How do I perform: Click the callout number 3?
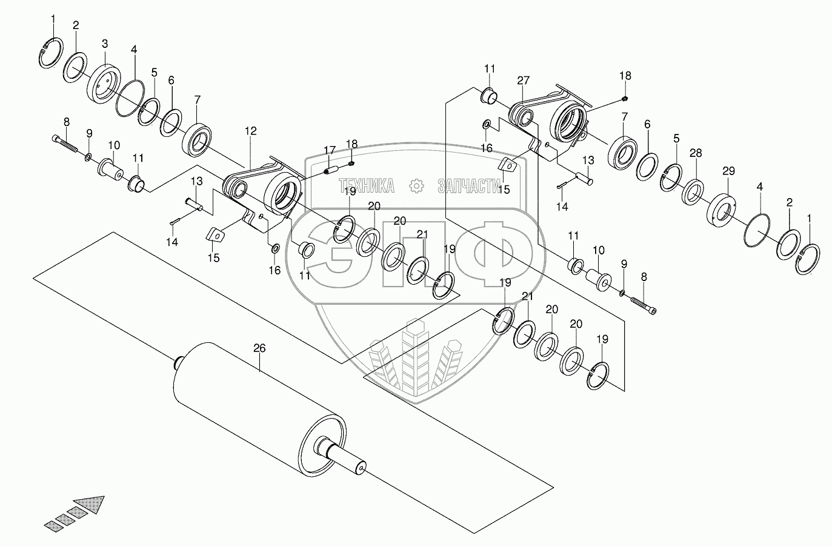105,44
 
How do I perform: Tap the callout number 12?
250,130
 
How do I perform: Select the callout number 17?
329,150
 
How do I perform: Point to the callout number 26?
259,348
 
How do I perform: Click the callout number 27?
524,80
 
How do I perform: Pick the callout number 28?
696,153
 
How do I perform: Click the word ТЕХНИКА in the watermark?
367,185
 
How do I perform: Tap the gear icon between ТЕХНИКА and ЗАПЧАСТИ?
416,185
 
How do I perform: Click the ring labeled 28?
693,191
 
